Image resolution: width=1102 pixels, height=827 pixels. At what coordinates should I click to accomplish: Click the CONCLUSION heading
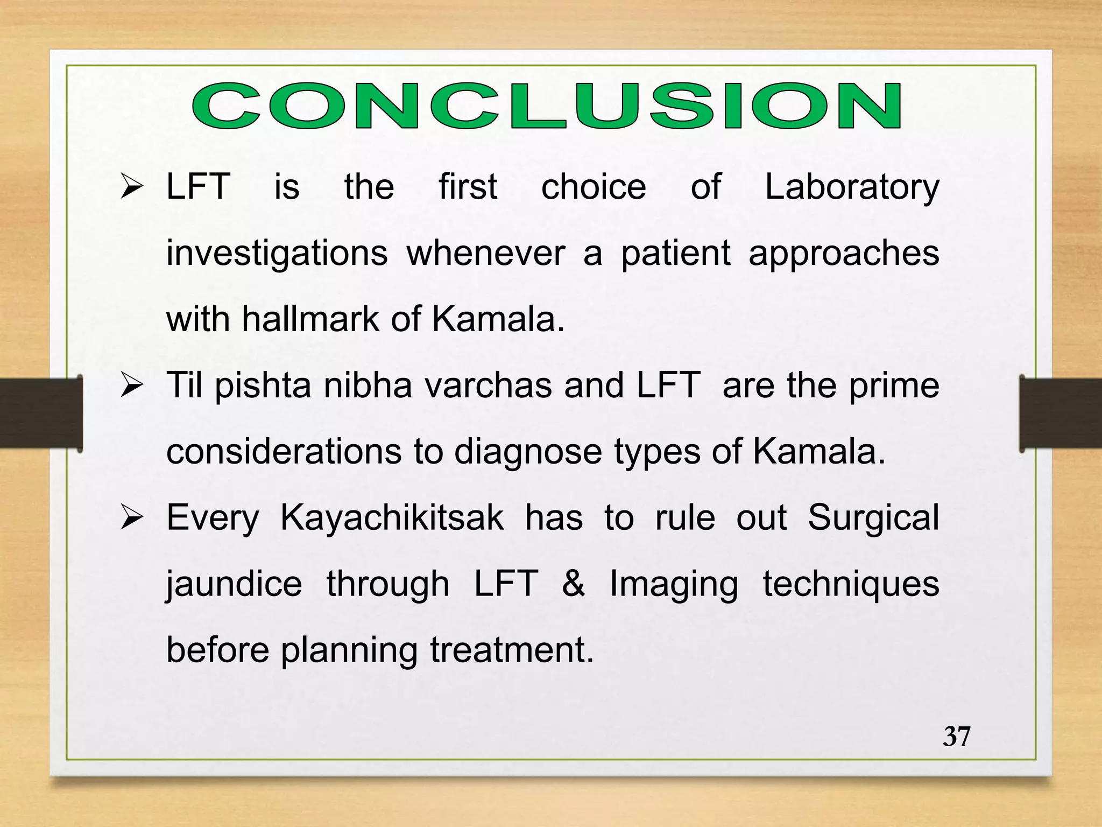click(547, 106)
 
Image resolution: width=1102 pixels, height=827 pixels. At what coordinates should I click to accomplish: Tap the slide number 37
click(956, 736)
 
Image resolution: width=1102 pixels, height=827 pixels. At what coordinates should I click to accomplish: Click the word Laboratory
click(852, 187)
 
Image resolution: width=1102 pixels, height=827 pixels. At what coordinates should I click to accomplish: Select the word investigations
click(277, 254)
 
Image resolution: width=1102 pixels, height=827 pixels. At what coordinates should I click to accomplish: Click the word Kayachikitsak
click(392, 518)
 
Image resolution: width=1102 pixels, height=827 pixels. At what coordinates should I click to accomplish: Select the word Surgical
click(873, 518)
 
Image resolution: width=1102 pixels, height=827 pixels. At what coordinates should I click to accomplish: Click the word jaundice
click(234, 585)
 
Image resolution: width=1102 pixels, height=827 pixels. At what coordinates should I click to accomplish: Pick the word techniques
click(851, 585)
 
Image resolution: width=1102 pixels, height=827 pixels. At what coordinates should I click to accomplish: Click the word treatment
click(511, 650)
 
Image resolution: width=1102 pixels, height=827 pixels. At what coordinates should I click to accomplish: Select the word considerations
click(284, 452)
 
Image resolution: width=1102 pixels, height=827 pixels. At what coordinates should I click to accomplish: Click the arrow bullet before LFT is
click(131, 187)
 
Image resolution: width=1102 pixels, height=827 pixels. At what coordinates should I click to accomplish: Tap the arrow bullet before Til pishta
click(131, 386)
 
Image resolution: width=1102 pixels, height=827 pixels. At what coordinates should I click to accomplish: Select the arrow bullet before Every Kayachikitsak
click(131, 518)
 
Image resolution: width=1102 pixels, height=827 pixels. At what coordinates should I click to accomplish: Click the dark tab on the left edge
click(40, 413)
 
